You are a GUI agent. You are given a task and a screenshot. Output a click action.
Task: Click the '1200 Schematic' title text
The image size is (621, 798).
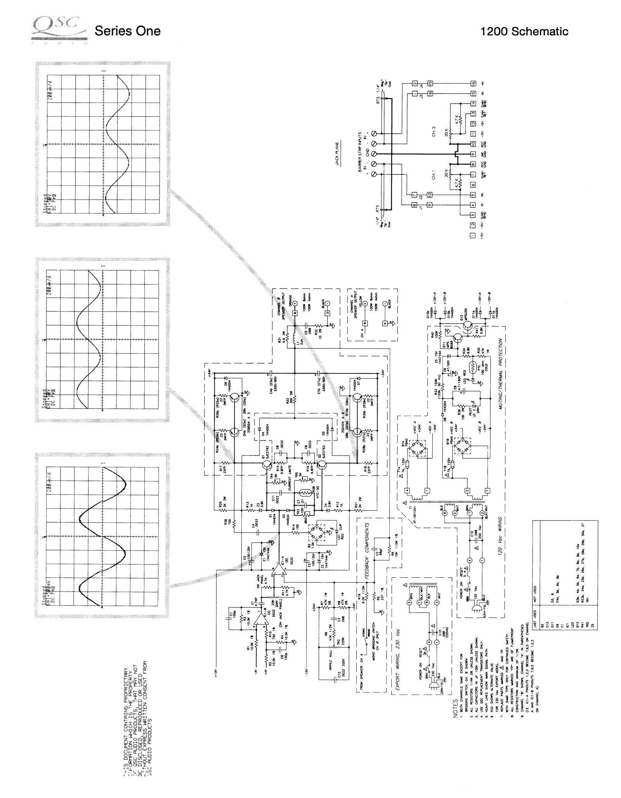tap(524, 31)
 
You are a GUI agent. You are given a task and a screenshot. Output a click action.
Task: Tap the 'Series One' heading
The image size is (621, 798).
tap(127, 31)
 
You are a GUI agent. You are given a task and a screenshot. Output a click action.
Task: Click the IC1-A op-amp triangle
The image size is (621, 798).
tap(278, 569)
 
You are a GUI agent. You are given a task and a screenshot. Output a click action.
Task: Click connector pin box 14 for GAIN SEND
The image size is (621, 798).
tap(473, 104)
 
